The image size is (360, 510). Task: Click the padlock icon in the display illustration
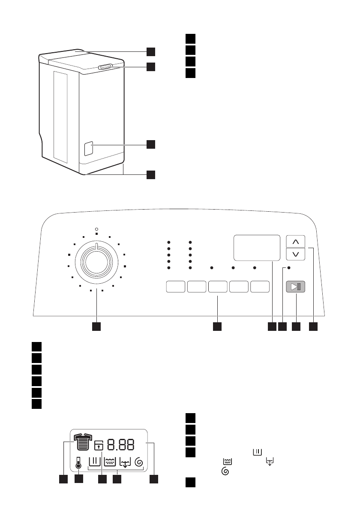tap(99, 445)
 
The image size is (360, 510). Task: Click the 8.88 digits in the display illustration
tap(120, 444)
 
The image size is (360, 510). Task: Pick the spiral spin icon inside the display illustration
tap(138, 462)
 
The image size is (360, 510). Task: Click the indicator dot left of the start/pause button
tap(288, 267)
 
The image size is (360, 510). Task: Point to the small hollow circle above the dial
tap(97, 229)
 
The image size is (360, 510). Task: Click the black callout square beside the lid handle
tap(150, 67)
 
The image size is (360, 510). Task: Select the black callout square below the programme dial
tap(97, 327)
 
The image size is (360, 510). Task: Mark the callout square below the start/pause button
tap(296, 327)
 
